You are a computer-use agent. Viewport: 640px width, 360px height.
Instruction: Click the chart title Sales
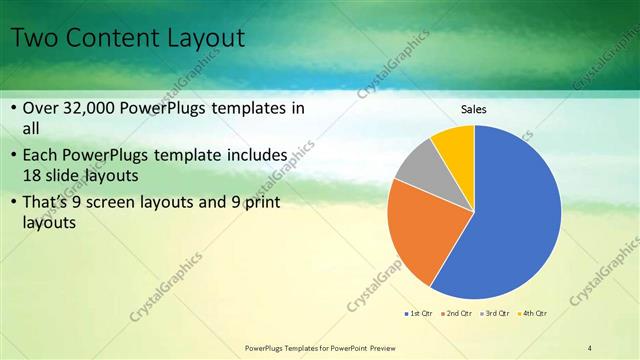click(474, 109)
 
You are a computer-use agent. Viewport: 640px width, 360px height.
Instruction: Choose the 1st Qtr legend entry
click(419, 314)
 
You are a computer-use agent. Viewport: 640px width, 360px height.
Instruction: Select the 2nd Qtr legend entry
click(458, 314)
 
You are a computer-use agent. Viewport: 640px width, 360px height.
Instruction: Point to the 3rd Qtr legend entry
click(497, 314)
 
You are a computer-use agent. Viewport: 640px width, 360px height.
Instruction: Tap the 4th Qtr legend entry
click(535, 314)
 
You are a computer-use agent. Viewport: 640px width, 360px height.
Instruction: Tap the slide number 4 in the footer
click(589, 347)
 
